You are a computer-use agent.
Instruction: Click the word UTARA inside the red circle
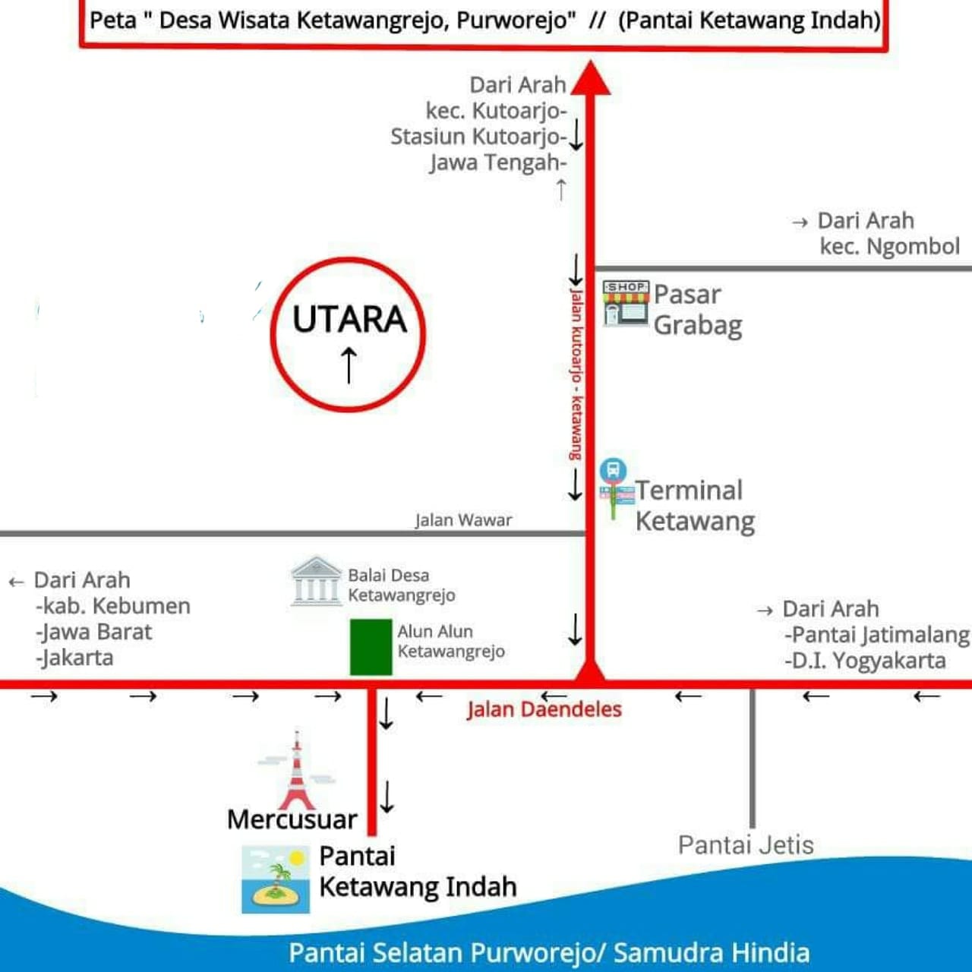pos(349,319)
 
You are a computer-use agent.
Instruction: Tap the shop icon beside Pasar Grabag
pos(626,303)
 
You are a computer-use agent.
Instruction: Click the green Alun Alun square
pos(371,647)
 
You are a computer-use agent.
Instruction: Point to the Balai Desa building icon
pos(316,581)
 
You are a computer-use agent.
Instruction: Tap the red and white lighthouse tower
pos(297,771)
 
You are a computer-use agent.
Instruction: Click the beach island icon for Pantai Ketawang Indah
pos(276,879)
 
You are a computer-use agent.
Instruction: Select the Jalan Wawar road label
pos(463,520)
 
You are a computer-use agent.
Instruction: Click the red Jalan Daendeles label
pos(544,709)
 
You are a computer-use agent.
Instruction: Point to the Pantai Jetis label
pos(746,845)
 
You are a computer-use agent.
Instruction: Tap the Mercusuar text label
pos(292,819)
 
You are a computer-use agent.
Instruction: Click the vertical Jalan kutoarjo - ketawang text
pos(576,374)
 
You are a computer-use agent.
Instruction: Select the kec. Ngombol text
pos(890,247)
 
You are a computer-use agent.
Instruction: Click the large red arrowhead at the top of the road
pos(591,78)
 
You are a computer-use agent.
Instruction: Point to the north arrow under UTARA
pos(349,365)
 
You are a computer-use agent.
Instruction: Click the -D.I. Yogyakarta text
pos(865,661)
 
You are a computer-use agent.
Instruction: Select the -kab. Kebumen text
pos(113,606)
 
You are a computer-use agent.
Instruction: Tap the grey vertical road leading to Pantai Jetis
pos(752,759)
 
